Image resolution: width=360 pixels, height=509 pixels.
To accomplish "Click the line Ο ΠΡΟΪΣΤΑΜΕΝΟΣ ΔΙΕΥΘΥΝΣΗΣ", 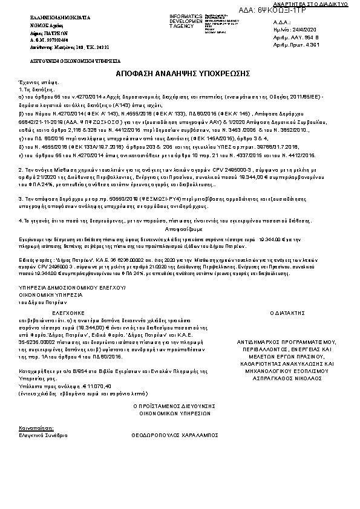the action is (171, 407).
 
